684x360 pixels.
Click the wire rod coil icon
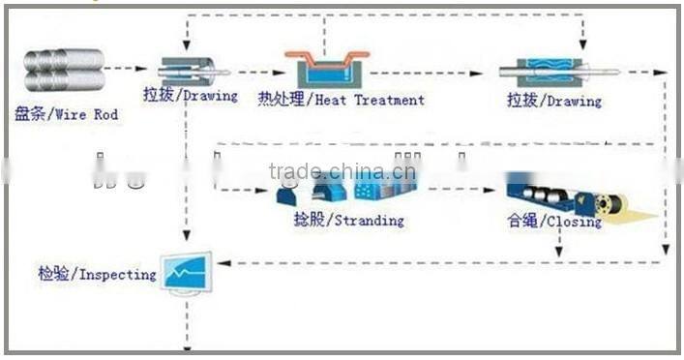tap(63, 72)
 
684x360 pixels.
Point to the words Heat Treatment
tap(341, 100)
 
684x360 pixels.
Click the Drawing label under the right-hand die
tap(554, 101)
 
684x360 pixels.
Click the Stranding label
tap(335, 220)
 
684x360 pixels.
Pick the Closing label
tap(553, 222)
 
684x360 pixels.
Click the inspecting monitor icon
tap(187, 274)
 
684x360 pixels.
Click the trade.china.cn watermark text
tap(342, 173)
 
